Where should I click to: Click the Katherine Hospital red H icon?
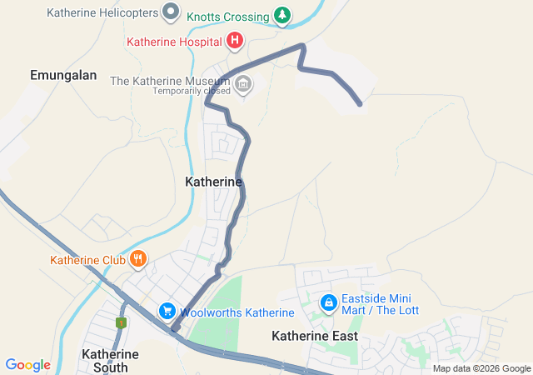tap(235, 40)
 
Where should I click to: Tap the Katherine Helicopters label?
tap(103, 12)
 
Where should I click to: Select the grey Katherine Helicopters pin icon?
tap(172, 12)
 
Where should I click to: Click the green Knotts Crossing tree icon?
tap(283, 16)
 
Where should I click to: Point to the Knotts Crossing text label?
tap(227, 17)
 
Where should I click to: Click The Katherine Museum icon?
tap(243, 82)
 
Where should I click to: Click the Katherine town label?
tap(213, 181)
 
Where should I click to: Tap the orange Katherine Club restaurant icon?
tap(138, 260)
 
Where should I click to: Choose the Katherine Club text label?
tap(87, 260)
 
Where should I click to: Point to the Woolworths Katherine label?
tap(237, 312)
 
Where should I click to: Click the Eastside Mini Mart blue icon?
tap(329, 302)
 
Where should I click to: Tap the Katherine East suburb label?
tap(315, 336)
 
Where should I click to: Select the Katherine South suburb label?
tap(105, 360)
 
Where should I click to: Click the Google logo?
tap(27, 365)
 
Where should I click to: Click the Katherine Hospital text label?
tap(174, 41)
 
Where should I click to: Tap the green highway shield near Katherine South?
tap(122, 322)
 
